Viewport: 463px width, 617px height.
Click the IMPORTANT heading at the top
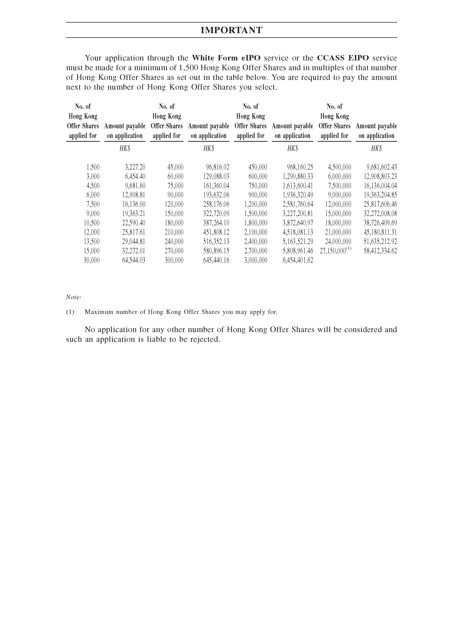pyautogui.click(x=232, y=30)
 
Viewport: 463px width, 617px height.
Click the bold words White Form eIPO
pyautogui.click(x=226, y=58)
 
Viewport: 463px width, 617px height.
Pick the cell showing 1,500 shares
pyautogui.click(x=93, y=167)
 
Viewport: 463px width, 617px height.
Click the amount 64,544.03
pyautogui.click(x=134, y=260)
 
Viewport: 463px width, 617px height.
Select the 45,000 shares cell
pyautogui.click(x=175, y=167)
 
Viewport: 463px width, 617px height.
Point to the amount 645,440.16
pyautogui.click(x=216, y=260)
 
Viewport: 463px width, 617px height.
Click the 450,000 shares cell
pyautogui.click(x=258, y=167)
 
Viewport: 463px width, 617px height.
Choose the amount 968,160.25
pyautogui.click(x=300, y=167)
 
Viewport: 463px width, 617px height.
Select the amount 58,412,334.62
pyautogui.click(x=380, y=251)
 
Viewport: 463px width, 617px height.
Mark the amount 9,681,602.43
pyautogui.click(x=381, y=167)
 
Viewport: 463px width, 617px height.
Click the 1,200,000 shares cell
pyautogui.click(x=256, y=204)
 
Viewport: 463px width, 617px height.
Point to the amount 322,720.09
pyautogui.click(x=216, y=214)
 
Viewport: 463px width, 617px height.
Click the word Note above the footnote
pyautogui.click(x=73, y=297)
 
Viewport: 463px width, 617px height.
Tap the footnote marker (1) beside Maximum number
pyautogui.click(x=70, y=312)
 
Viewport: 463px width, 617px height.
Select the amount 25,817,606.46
pyautogui.click(x=380, y=204)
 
